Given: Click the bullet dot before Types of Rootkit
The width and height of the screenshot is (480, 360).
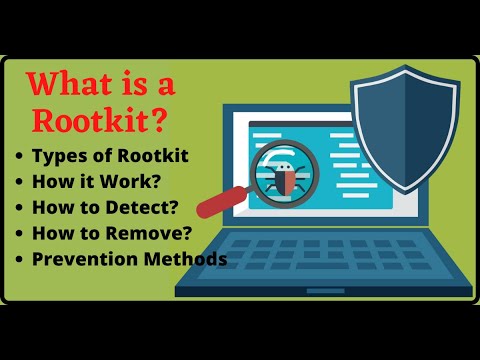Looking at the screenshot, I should click(19, 156).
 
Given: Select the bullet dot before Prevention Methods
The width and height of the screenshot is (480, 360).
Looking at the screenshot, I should click(19, 260).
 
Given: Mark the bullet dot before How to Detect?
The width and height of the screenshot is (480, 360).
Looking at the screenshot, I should click(19, 208).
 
